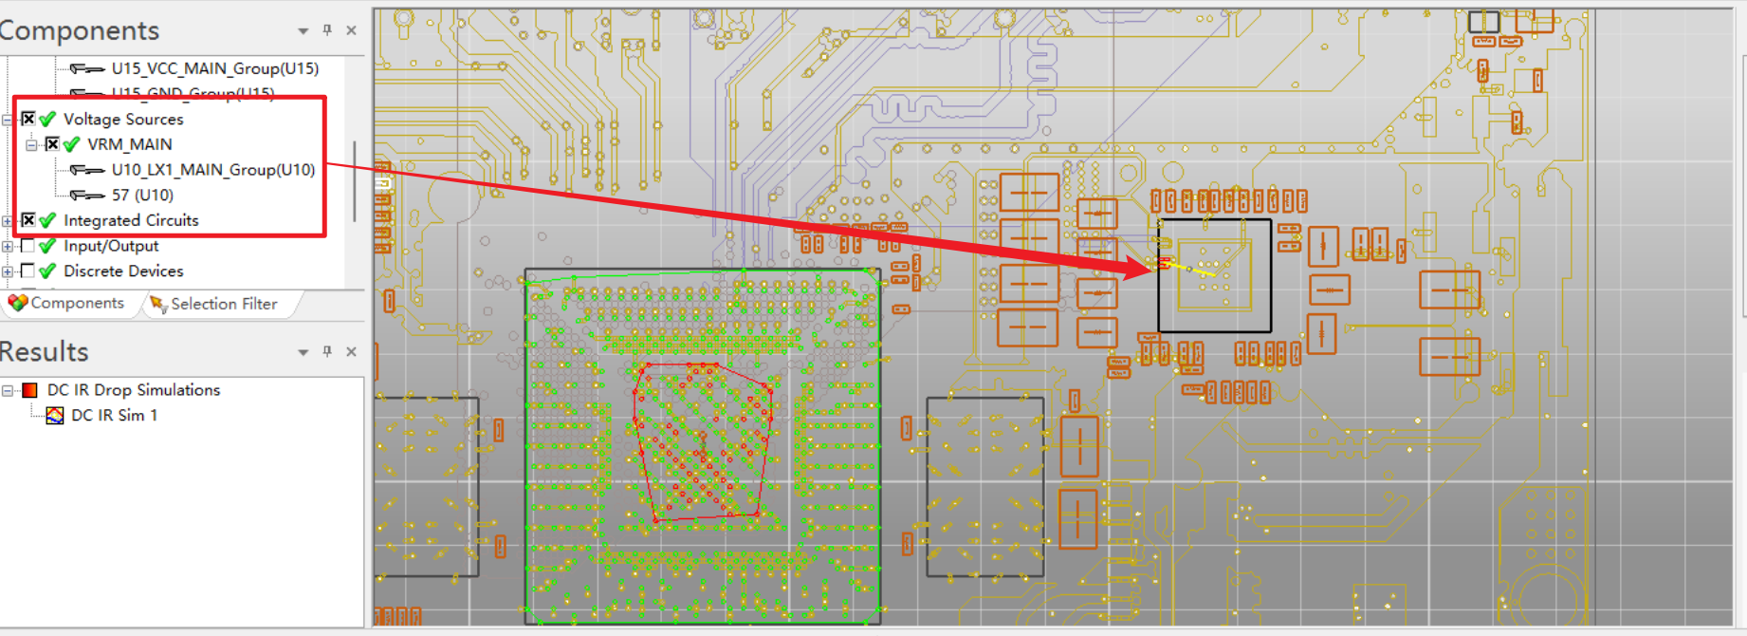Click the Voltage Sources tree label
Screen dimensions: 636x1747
[x=122, y=119]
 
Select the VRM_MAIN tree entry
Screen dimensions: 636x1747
[x=129, y=144]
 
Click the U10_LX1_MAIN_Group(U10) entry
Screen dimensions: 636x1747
[x=212, y=170]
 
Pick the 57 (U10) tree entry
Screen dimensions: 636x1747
[x=142, y=195]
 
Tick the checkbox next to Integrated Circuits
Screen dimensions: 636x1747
[x=28, y=220]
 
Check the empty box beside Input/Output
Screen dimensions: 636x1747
[x=28, y=246]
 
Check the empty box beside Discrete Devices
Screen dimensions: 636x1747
[x=28, y=271]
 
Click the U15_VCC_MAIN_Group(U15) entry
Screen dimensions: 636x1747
[x=214, y=68]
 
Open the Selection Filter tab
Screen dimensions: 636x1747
[x=223, y=304]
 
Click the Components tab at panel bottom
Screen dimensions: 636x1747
[x=76, y=303]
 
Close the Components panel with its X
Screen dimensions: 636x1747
[x=351, y=30]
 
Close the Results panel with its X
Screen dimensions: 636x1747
[x=351, y=351]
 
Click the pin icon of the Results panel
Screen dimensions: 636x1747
[x=327, y=351]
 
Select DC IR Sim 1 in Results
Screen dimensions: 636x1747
[x=114, y=415]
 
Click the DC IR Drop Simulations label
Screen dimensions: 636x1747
[x=133, y=390]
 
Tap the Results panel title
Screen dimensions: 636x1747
[x=44, y=351]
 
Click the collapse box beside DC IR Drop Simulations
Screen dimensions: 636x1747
[x=8, y=390]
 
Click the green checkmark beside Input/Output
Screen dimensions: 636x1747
[x=48, y=246]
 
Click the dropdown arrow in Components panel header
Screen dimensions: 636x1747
[x=303, y=31]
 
